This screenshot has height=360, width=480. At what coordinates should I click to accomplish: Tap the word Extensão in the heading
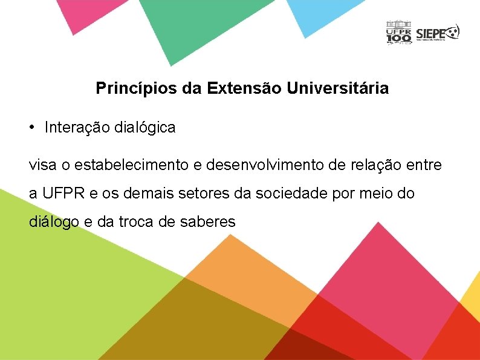tap(244, 89)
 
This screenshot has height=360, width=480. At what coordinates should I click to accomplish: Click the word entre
tap(425, 165)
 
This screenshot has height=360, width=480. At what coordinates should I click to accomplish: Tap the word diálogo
tap(54, 223)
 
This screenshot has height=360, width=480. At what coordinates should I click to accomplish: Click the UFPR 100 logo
tap(398, 33)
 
